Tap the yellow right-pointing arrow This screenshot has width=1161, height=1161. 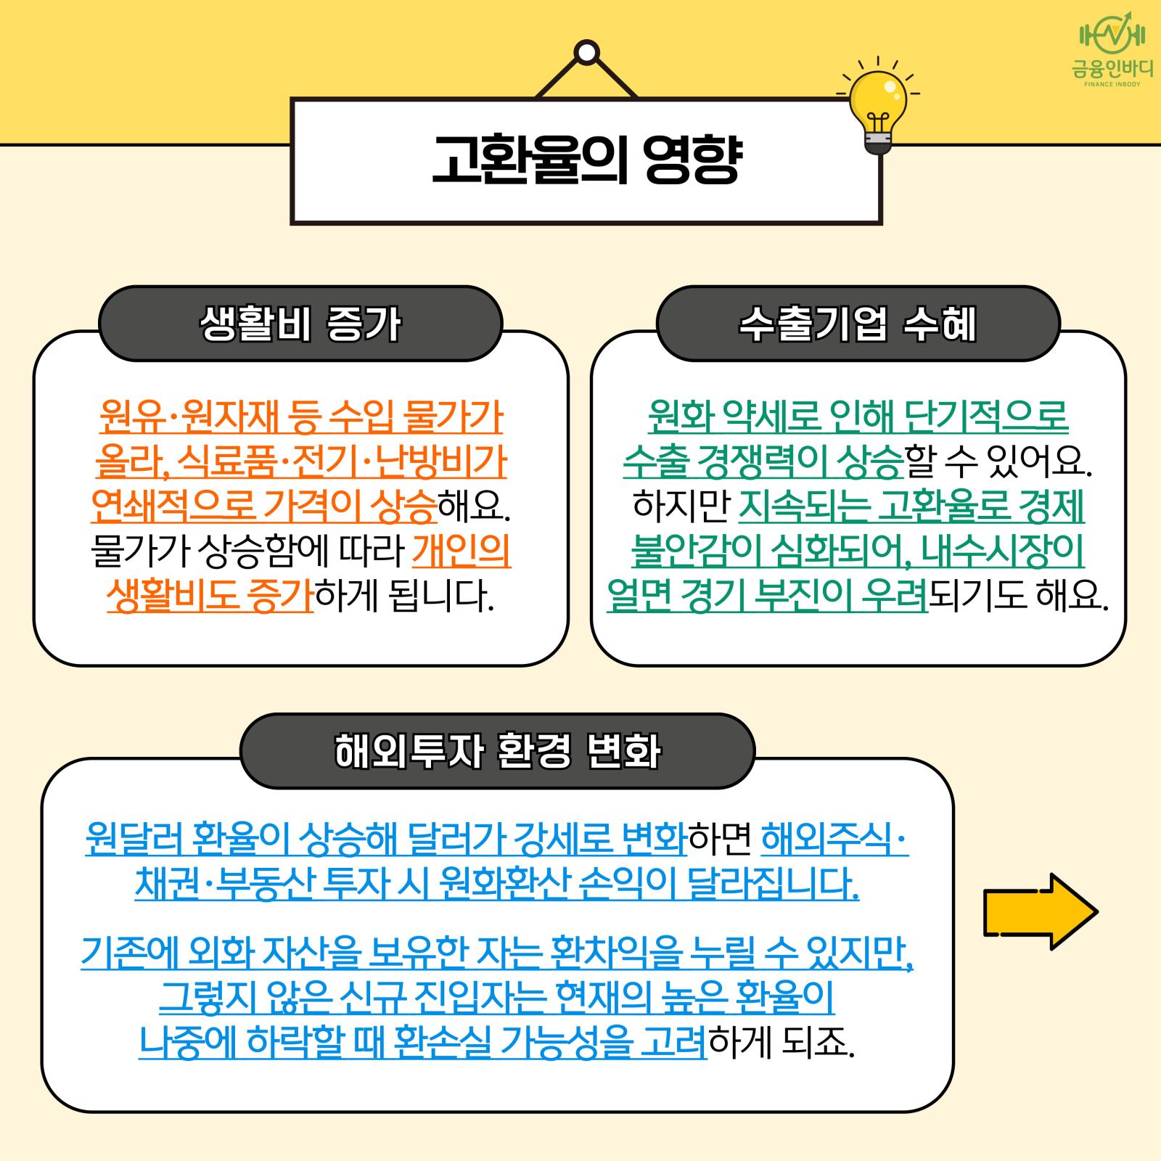click(1041, 911)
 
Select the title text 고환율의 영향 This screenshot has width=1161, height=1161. click(586, 160)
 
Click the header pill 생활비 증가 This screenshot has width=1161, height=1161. click(300, 324)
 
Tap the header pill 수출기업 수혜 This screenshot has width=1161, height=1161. click(858, 324)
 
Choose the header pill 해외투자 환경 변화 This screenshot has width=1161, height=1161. click(498, 751)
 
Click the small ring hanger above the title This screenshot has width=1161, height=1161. click(586, 52)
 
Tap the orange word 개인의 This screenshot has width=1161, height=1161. click(461, 552)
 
